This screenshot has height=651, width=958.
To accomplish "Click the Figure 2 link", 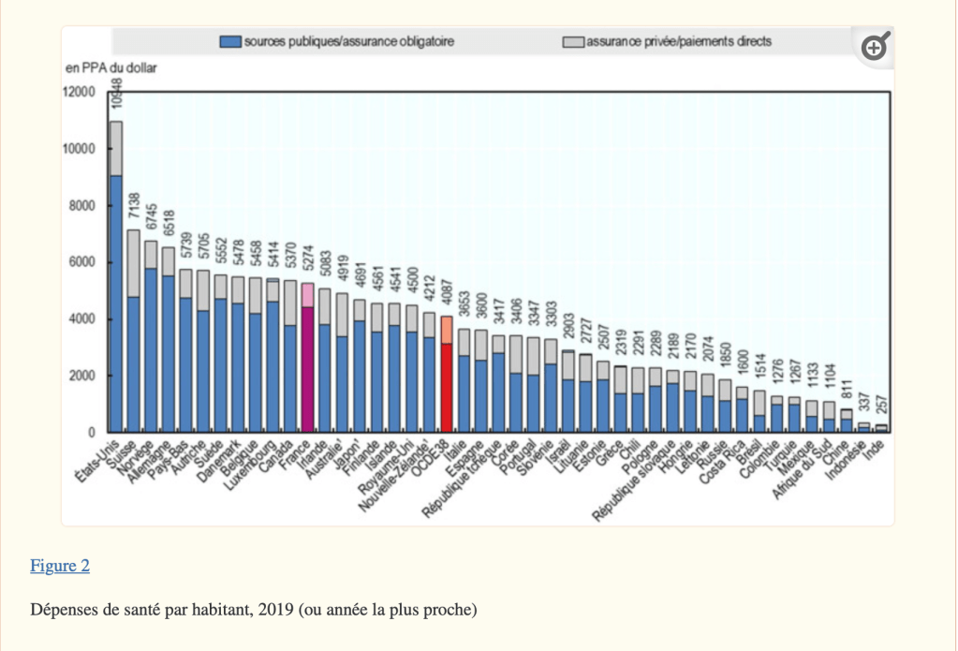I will coord(60,565).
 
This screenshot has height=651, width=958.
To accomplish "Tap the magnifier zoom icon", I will coord(874,48).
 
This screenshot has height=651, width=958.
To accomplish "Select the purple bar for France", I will coord(307,365).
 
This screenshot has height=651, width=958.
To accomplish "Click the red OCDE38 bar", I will coord(447,384).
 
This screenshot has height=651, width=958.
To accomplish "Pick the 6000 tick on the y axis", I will coord(81,262).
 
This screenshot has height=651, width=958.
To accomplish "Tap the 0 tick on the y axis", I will coord(92,433).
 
